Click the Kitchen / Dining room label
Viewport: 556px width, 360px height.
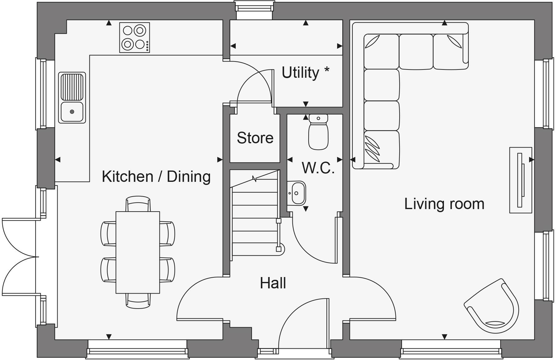(156, 177)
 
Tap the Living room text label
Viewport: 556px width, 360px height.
(444, 204)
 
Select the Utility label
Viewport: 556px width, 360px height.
(300, 73)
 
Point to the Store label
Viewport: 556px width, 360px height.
(255, 138)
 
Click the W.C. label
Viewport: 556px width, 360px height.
(318, 168)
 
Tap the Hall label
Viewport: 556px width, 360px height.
(273, 283)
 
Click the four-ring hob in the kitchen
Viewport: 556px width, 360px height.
(134, 37)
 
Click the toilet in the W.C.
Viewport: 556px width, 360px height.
(318, 132)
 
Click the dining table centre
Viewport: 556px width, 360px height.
(137, 252)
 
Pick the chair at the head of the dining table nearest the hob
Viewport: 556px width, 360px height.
(138, 204)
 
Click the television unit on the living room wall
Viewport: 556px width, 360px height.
(520, 180)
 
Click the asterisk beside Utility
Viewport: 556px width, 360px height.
(327, 70)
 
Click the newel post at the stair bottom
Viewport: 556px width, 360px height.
(279, 249)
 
